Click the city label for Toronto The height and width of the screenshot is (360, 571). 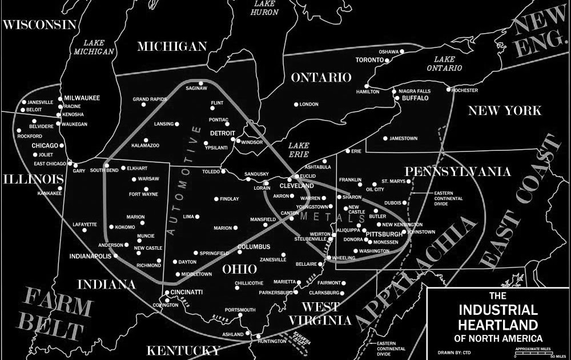coord(369,60)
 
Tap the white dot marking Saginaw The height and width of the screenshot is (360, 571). coord(200,83)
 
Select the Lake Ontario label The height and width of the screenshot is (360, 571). coord(448,63)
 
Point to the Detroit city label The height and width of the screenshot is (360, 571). coord(223,133)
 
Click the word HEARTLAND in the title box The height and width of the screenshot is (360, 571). coord(498,325)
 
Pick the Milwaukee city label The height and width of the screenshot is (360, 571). coord(82,98)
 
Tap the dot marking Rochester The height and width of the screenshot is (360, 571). coord(449,90)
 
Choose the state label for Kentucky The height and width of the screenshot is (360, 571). coord(183,350)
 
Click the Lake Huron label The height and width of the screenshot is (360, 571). coord(266,7)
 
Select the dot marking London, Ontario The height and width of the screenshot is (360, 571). coord(296,104)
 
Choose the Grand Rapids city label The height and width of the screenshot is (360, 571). coord(149,99)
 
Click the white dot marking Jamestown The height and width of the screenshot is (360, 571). coord(385,138)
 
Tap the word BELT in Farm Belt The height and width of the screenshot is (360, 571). coord(55,330)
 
